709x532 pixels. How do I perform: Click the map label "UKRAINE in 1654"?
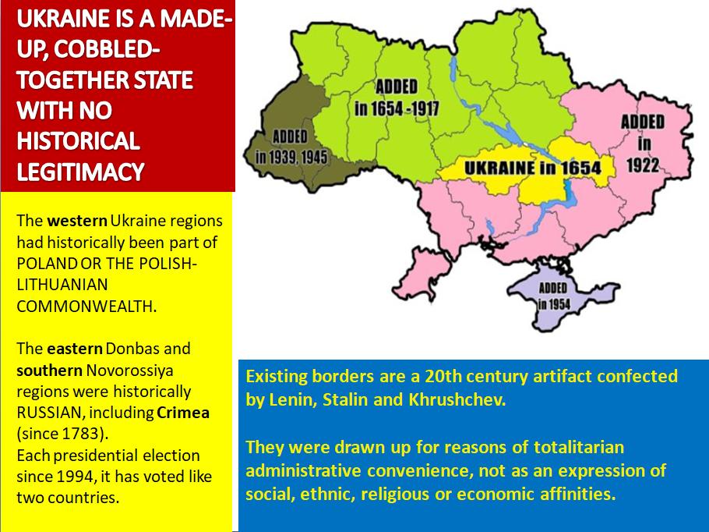pos(533,168)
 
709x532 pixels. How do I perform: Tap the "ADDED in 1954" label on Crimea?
pos(553,296)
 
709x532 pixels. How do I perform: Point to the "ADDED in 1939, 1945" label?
pos(291,147)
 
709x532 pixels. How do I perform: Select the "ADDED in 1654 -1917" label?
pos(397,98)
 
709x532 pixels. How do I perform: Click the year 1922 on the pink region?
pos(643,165)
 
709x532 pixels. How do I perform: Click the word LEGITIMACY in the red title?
pos(80,172)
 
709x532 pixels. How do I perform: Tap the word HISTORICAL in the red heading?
pos(78,141)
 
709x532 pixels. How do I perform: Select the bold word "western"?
pos(77,221)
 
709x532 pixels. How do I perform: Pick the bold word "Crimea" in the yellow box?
pos(183,413)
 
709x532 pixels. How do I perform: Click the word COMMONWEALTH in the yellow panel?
pos(86,307)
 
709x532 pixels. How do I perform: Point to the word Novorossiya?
pos(130,371)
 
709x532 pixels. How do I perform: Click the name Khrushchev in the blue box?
pos(457,399)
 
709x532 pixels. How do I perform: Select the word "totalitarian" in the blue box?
pos(579,447)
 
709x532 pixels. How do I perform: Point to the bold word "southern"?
pos(49,371)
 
